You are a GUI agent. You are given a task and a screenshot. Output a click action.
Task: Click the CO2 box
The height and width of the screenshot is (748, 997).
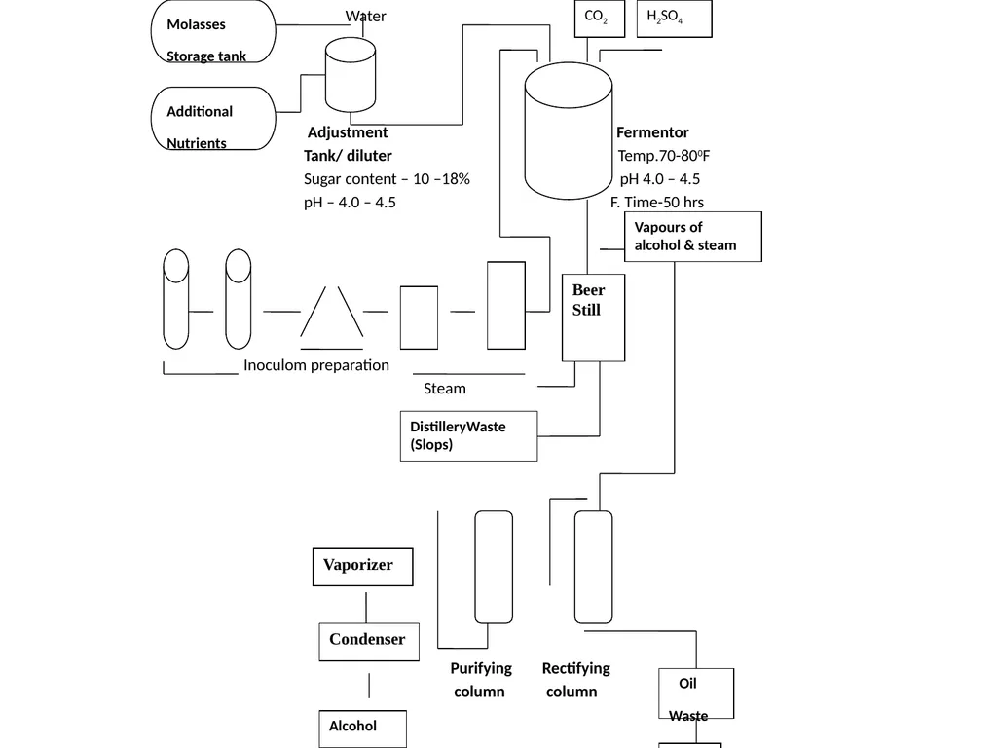pyautogui.click(x=600, y=19)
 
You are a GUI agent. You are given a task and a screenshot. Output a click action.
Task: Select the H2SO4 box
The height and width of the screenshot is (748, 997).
pyautogui.click(x=674, y=19)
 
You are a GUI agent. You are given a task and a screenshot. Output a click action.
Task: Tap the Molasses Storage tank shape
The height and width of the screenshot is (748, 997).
pyautogui.click(x=213, y=31)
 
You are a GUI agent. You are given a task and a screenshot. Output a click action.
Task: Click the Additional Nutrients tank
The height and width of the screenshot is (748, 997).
pyautogui.click(x=213, y=118)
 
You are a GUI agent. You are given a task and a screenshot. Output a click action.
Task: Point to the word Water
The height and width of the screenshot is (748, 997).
pyautogui.click(x=366, y=16)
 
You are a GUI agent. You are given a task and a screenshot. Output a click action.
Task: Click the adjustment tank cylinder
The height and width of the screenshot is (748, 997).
pyautogui.click(x=351, y=74)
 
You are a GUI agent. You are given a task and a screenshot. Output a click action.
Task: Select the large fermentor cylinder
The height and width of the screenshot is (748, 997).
pyautogui.click(x=569, y=131)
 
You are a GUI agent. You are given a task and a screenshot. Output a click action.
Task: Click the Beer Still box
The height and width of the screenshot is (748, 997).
pyautogui.click(x=593, y=318)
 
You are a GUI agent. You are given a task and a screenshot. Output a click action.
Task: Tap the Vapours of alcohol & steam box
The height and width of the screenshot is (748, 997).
pyautogui.click(x=693, y=237)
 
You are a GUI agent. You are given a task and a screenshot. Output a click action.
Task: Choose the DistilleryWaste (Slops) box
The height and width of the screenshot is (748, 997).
pyautogui.click(x=468, y=436)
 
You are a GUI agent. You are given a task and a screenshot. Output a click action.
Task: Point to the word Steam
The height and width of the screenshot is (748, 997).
pyautogui.click(x=445, y=388)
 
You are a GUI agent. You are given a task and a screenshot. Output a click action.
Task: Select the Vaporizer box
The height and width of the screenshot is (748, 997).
pyautogui.click(x=362, y=567)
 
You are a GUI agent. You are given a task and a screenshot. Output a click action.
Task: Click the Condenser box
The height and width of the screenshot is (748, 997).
pyautogui.click(x=369, y=642)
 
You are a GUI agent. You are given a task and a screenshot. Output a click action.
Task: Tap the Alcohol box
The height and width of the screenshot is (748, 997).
pyautogui.click(x=362, y=729)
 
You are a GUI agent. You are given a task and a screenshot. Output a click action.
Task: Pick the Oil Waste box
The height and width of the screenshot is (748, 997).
pyautogui.click(x=696, y=693)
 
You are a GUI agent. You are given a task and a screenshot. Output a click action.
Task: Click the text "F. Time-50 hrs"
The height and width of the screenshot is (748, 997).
pyautogui.click(x=657, y=203)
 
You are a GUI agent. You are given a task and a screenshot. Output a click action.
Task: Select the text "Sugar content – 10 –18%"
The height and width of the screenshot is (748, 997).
pyautogui.click(x=387, y=179)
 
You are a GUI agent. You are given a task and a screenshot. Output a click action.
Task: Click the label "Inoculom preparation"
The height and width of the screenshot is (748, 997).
pyautogui.click(x=316, y=365)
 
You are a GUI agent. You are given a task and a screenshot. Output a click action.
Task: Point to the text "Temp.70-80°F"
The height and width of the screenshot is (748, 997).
pyautogui.click(x=664, y=156)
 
